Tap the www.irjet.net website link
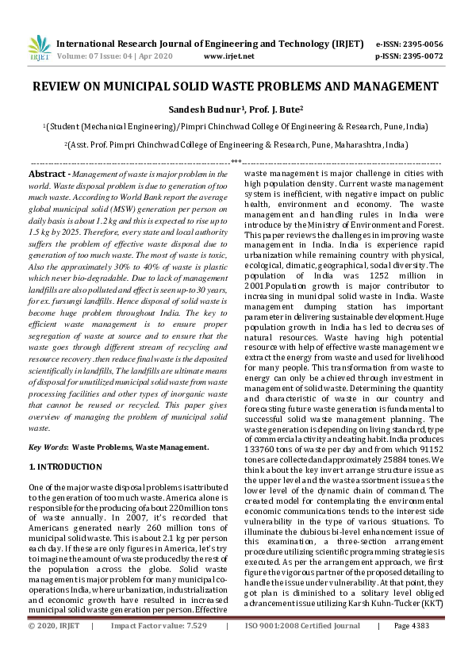228,56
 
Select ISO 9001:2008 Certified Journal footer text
302,648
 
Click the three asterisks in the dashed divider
236,162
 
